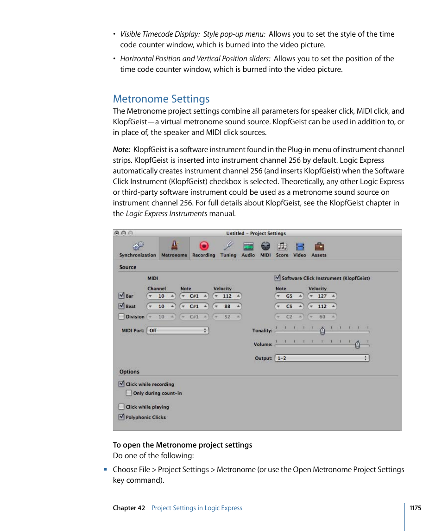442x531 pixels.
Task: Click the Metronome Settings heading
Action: [161, 99]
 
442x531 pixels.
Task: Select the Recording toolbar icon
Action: [204, 246]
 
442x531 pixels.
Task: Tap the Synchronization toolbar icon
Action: [138, 246]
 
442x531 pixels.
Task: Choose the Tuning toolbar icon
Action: [228, 246]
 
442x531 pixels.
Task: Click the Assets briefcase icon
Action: [319, 246]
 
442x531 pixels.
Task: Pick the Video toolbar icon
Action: [300, 246]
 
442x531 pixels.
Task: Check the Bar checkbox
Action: [121, 295]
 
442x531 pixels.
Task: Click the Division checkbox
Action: [121, 317]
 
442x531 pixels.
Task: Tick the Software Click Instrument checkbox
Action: [278, 278]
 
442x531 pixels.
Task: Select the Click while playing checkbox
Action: [121, 407]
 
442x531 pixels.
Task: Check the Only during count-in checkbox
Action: [129, 393]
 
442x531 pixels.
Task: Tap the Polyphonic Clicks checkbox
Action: [121, 417]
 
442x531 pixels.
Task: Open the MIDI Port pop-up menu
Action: [177, 331]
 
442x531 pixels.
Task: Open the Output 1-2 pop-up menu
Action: [322, 358]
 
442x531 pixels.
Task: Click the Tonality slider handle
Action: [322, 331]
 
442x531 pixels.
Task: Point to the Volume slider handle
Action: [357, 345]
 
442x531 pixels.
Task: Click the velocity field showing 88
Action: [227, 307]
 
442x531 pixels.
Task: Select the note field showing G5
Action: [289, 296]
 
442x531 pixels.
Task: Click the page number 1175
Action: [415, 508]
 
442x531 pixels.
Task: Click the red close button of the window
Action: [117, 233]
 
